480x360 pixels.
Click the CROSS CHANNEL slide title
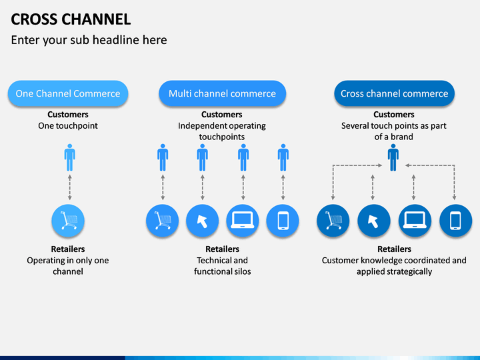pos(71,19)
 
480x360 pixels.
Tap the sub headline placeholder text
pos(89,40)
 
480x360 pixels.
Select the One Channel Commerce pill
pos(68,93)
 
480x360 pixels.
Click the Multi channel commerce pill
pos(222,93)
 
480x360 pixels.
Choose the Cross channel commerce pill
pos(394,93)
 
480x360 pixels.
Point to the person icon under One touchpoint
pos(70,157)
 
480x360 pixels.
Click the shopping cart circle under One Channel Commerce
pos(68,221)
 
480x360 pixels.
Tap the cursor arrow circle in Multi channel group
pos(203,221)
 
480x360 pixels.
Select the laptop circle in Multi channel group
pos(243,221)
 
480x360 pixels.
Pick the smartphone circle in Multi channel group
pos(283,221)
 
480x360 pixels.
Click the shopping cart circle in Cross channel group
pos(333,221)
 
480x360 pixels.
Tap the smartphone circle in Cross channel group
pos(455,221)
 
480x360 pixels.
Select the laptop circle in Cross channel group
pos(415,221)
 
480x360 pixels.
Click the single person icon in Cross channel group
pos(393,157)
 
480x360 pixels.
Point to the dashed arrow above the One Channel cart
pos(70,187)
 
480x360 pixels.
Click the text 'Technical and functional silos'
pos(222,266)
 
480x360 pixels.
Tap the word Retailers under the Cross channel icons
pos(394,249)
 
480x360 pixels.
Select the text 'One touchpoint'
pos(68,126)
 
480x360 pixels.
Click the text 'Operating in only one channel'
pos(68,266)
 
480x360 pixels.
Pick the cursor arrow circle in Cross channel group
pos(374,221)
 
